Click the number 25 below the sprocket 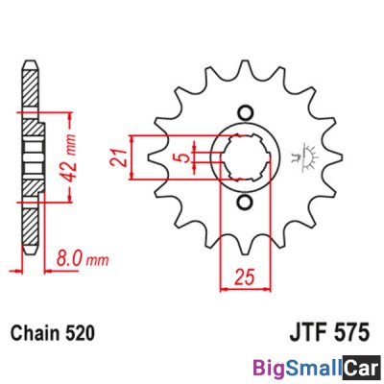click(x=243, y=276)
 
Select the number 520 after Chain click(x=82, y=333)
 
